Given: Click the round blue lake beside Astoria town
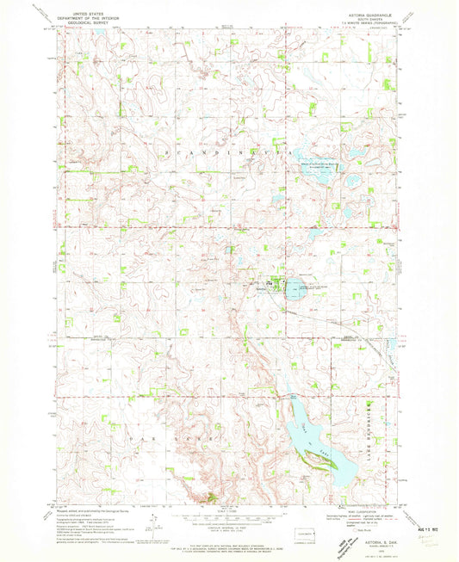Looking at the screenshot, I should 293,288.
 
